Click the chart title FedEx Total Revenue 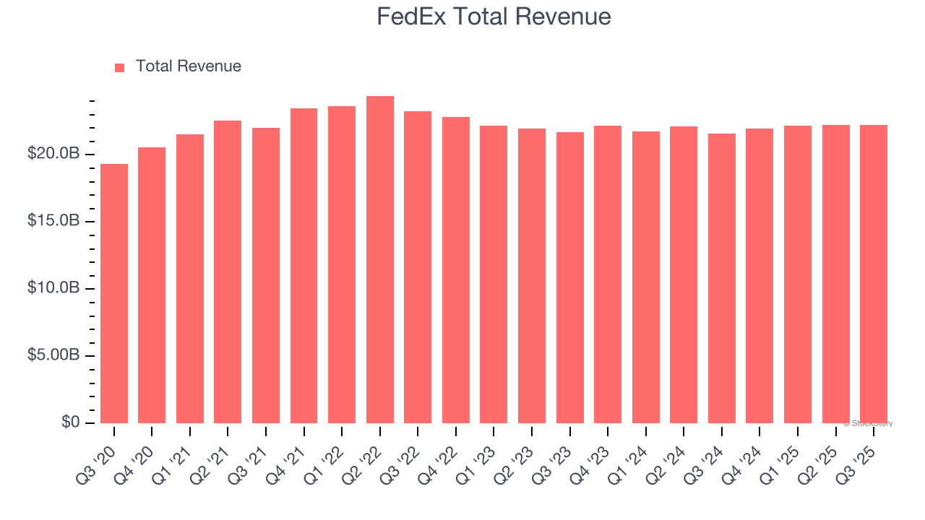(494, 17)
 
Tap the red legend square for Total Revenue (119, 67)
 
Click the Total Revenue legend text (188, 66)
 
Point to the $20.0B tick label (53, 154)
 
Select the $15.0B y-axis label (53, 221)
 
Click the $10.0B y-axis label (53, 288)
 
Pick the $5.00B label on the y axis (53, 355)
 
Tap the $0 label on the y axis (70, 422)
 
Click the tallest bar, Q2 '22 (380, 260)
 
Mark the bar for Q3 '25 (874, 274)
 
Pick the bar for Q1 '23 (494, 274)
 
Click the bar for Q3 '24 (721, 278)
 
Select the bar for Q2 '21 (228, 272)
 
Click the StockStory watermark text (868, 423)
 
